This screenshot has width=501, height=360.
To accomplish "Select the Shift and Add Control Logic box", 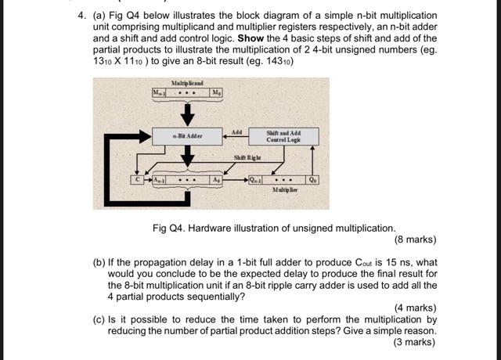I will click(x=283, y=136).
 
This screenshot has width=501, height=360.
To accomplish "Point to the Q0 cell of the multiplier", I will click(x=313, y=179).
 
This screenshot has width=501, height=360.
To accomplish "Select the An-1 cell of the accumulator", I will click(x=157, y=179).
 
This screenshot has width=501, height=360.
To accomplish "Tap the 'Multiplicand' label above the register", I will click(x=188, y=82).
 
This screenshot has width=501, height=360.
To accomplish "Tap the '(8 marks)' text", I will click(x=415, y=240).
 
